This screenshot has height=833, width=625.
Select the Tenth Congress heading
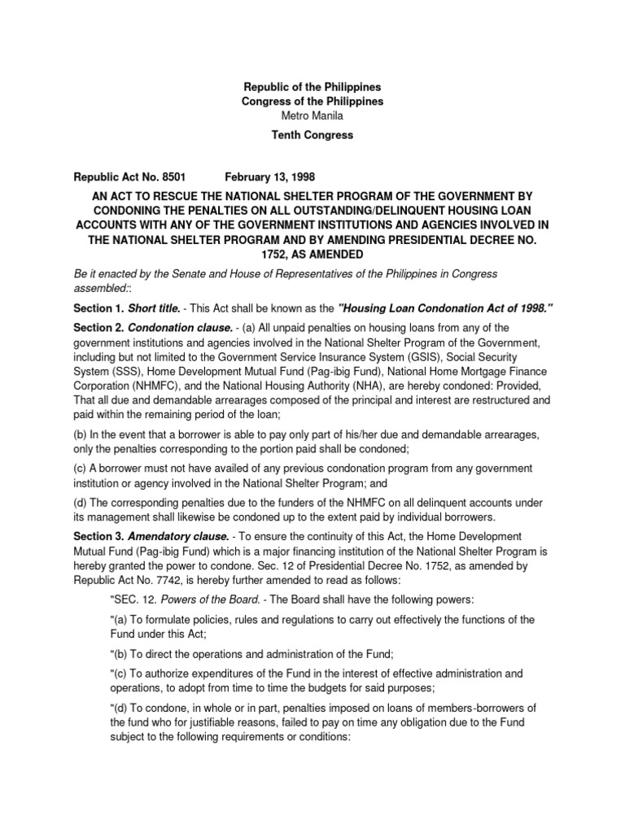[312, 135]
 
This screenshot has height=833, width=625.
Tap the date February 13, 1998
[263, 176]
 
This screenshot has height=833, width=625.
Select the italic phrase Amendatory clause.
[176, 536]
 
